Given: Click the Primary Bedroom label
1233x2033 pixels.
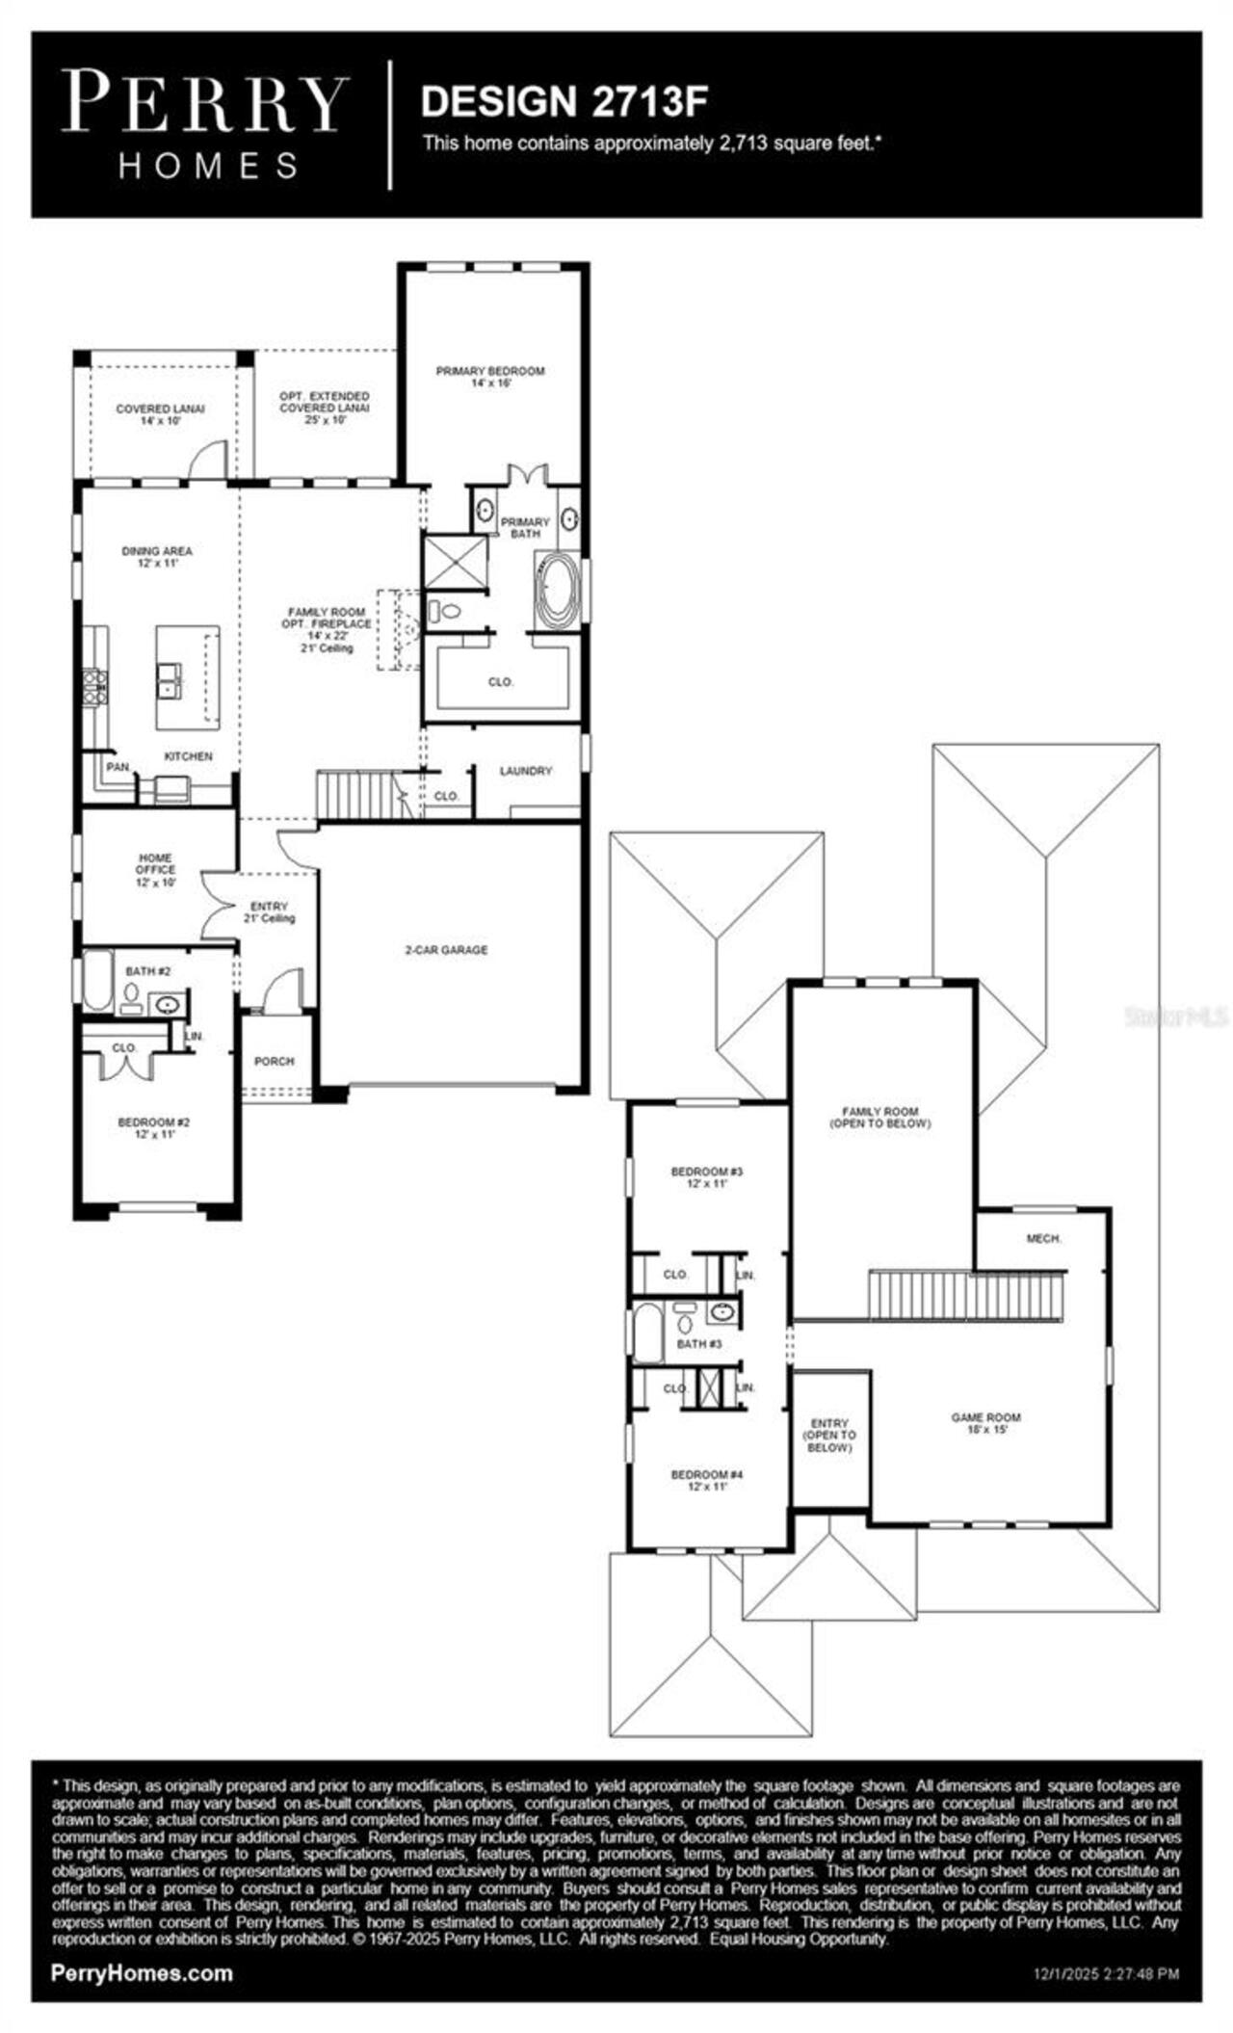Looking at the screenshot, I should point(489,376).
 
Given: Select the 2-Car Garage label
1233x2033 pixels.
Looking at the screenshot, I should point(445,950).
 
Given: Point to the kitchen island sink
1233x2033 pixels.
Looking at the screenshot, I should point(169,680).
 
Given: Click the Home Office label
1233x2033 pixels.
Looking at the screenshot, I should point(155,869).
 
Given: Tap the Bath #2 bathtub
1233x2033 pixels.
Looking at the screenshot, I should point(97,981).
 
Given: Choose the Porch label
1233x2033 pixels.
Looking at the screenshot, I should point(274,1061).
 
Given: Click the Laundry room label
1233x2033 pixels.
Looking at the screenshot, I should point(526,771).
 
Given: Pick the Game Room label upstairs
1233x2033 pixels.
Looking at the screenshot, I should point(985,1423).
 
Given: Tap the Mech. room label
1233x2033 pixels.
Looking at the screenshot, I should point(1043,1238).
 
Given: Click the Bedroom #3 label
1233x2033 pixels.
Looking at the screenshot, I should point(707,1177).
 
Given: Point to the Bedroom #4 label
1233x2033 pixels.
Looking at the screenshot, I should point(707,1480).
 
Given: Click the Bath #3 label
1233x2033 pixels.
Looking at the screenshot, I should point(699,1343).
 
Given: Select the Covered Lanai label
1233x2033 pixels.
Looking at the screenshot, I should point(160,414).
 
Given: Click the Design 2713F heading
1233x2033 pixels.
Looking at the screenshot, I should point(564,101).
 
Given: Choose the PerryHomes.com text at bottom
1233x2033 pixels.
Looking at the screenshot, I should point(142,1972).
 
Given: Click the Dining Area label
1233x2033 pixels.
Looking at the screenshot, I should point(157,557).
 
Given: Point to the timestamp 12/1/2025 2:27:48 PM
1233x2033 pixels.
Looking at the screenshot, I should point(1100,1974).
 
